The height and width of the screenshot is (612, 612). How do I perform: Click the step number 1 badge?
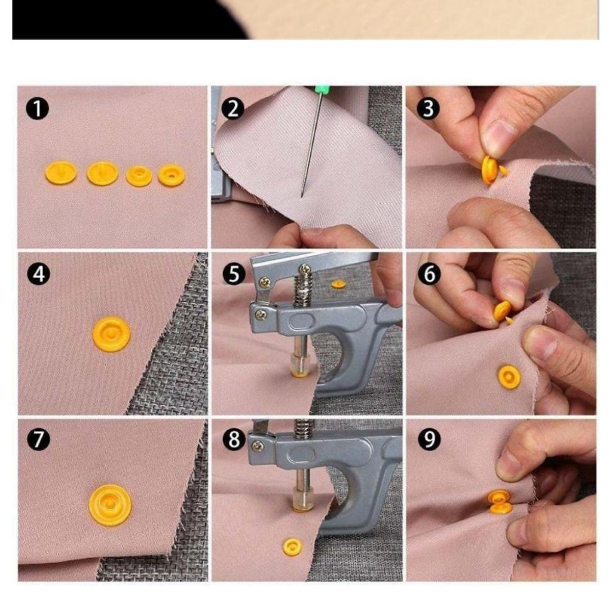click(x=38, y=109)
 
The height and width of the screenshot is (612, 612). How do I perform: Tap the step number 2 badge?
click(x=232, y=109)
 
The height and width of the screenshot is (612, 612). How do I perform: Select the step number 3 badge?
click(x=428, y=109)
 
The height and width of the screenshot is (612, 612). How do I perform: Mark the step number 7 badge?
click(x=39, y=439)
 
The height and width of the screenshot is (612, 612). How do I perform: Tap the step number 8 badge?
click(x=234, y=439)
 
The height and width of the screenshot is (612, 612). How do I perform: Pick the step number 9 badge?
click(x=429, y=439)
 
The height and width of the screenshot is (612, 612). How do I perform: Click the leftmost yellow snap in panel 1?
click(x=61, y=173)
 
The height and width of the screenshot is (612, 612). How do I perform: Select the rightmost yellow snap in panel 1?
click(x=172, y=175)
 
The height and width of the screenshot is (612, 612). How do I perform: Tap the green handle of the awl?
click(x=323, y=91)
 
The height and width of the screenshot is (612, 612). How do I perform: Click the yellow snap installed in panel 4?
click(x=112, y=333)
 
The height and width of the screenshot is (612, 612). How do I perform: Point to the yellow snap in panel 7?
click(x=110, y=505)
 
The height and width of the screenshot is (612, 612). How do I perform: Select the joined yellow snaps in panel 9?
click(x=500, y=501)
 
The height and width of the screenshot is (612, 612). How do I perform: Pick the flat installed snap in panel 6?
click(x=509, y=377)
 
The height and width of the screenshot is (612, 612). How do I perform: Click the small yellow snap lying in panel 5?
click(x=338, y=284)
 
